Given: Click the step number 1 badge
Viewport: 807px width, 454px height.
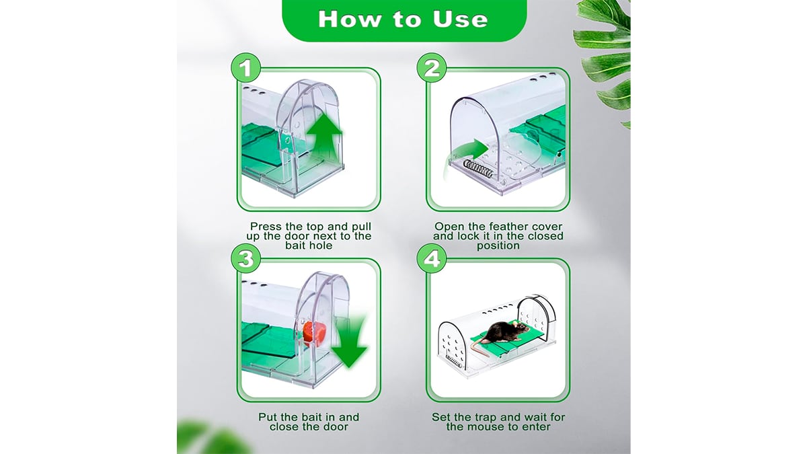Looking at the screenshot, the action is click(245, 68).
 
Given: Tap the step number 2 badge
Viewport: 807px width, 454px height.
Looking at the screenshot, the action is click(432, 68).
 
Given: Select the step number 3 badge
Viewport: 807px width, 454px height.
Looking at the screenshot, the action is click(245, 258).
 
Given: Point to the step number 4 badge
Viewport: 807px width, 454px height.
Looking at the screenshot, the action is click(432, 258).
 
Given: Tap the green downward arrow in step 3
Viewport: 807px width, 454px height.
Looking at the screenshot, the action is click(349, 340).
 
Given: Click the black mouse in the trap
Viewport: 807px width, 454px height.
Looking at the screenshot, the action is click(506, 332).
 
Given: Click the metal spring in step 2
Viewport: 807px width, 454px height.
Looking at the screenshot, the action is click(477, 169).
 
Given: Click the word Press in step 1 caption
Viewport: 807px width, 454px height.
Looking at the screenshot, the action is click(266, 227).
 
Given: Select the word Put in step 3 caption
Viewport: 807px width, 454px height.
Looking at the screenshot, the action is click(268, 417).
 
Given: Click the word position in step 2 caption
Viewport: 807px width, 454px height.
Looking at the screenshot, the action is click(498, 246).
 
